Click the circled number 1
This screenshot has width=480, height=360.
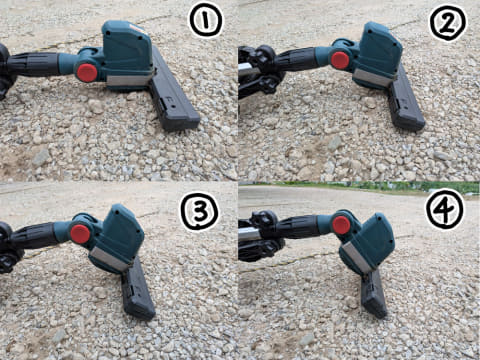(x=206, y=21)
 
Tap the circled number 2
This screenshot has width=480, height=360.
(x=448, y=22)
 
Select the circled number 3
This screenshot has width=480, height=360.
(x=199, y=212)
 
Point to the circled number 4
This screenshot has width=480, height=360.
(x=445, y=209)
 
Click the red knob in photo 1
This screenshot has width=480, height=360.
(x=87, y=73)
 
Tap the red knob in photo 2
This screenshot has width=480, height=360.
(x=340, y=60)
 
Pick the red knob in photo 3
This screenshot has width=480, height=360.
(x=80, y=234)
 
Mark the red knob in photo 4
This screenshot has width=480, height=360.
(x=341, y=225)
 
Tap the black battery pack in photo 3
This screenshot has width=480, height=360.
(x=137, y=289)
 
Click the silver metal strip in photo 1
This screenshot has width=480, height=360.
(x=130, y=80)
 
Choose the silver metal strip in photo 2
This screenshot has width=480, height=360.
(x=374, y=78)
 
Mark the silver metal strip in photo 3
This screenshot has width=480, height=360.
(x=110, y=259)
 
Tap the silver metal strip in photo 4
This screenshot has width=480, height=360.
(x=356, y=258)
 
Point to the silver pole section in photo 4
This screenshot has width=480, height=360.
(x=249, y=232)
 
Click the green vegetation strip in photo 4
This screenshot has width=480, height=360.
(x=359, y=187)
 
